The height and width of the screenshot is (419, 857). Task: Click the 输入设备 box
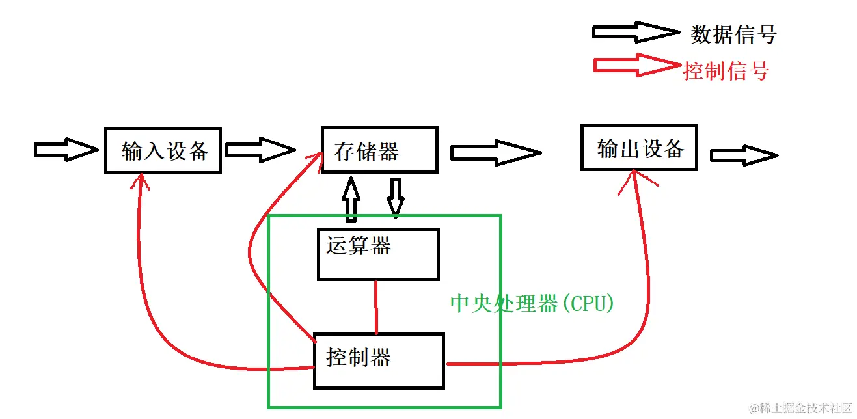(x=163, y=150)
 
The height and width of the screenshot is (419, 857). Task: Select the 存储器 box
(x=379, y=150)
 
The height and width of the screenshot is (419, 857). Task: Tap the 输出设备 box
(x=638, y=148)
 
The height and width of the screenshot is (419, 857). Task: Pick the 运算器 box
(x=377, y=254)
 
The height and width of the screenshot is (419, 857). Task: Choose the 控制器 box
(x=379, y=360)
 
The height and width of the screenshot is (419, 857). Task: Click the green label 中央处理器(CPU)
(x=532, y=304)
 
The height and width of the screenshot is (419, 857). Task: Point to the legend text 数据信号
(x=733, y=34)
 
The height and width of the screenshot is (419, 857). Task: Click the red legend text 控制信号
(x=726, y=70)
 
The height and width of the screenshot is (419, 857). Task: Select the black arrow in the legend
(x=635, y=32)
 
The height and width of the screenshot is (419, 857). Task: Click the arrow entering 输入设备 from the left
(x=65, y=150)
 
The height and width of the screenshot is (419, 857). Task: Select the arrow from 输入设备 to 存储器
(x=260, y=150)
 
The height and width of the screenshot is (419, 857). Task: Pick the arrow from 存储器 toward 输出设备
(x=495, y=153)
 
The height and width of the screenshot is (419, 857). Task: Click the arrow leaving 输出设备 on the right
(x=743, y=155)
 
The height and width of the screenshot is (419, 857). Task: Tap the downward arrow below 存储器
(x=395, y=196)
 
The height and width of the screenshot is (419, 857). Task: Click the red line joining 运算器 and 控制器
(x=376, y=306)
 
